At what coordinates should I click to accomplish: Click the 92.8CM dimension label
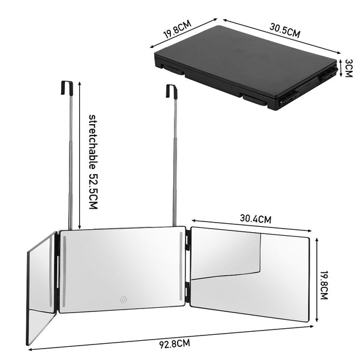[175, 344]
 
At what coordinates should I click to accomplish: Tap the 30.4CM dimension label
[256, 218]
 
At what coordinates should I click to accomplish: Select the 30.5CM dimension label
[284, 31]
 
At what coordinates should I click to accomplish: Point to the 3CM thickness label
[349, 68]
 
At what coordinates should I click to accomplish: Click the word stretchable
[93, 142]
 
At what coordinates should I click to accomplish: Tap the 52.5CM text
[93, 191]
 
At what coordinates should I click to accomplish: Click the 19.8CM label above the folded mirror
[177, 29]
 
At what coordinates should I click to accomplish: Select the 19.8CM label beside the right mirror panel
[324, 285]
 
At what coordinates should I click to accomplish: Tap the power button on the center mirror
[124, 299]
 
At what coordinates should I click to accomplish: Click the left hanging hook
[67, 87]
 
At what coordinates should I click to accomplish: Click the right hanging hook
[172, 91]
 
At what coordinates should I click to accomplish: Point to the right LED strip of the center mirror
[181, 266]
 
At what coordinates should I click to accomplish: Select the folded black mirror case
[246, 68]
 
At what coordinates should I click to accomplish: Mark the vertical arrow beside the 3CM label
[341, 68]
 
